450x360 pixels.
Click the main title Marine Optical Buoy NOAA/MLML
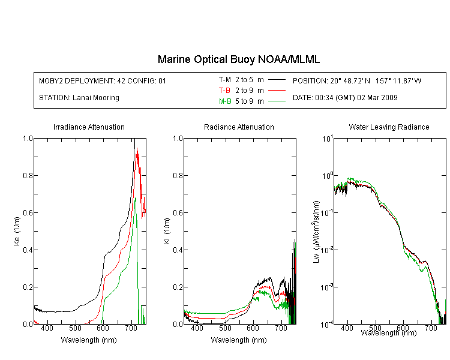(x=239, y=59)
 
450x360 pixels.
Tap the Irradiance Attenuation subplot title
(x=89, y=127)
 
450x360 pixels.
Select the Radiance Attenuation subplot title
(x=239, y=127)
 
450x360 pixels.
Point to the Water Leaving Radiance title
(x=389, y=127)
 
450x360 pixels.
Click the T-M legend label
(x=225, y=79)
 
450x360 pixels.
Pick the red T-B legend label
(x=225, y=90)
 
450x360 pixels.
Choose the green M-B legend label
(x=225, y=101)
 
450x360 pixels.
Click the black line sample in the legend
(x=276, y=79)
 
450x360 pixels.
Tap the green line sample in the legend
(x=276, y=101)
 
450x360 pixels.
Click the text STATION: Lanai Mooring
(x=79, y=97)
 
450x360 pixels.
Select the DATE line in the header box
(x=345, y=97)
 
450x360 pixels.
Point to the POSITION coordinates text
(x=357, y=80)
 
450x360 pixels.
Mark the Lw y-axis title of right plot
(x=316, y=231)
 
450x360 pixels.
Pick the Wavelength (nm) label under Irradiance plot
(x=89, y=340)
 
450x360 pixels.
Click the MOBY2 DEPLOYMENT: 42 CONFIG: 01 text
(x=103, y=80)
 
